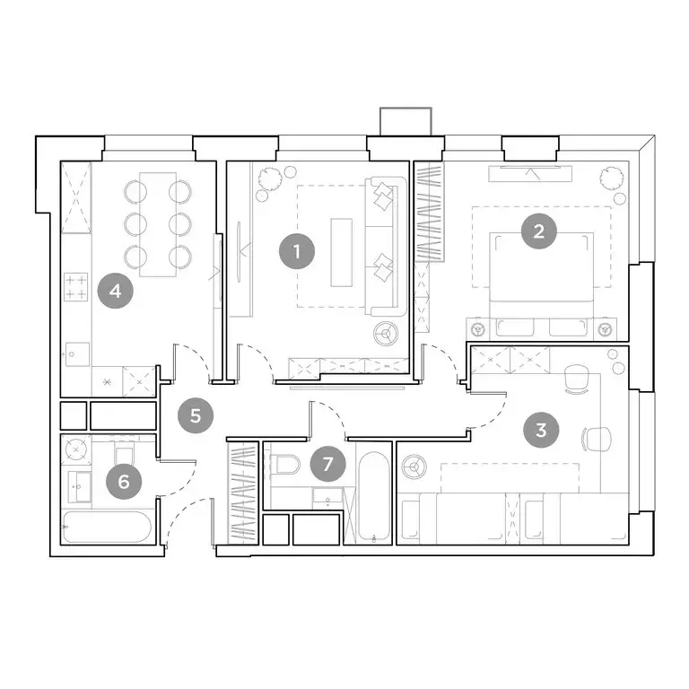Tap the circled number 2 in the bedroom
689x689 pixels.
[538, 231]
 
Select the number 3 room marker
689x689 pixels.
[540, 429]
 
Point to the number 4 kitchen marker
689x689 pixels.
[116, 291]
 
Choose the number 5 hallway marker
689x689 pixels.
[196, 415]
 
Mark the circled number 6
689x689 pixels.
[124, 482]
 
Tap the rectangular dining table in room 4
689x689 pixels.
[158, 222]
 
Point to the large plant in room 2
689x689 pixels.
[613, 179]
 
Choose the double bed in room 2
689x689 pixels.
[540, 269]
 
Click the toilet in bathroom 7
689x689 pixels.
[286, 467]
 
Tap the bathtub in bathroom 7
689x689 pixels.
[368, 493]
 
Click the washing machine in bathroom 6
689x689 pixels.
[74, 449]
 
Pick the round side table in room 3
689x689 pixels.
[414, 467]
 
